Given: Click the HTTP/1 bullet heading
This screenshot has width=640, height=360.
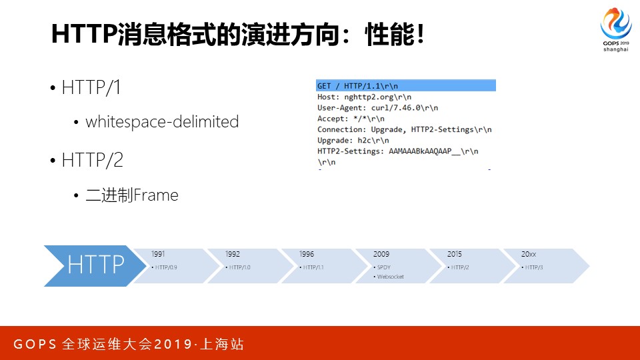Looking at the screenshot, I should [91, 88].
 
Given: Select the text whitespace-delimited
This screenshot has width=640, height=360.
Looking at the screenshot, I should [162, 122].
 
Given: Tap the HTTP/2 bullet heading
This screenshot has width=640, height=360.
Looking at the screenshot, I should [92, 161].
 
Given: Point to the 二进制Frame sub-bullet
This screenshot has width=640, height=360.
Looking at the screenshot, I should [132, 195].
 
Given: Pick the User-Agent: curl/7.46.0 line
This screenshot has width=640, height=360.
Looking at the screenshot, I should [377, 107].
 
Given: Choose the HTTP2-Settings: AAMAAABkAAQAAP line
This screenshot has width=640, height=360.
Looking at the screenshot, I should [397, 151].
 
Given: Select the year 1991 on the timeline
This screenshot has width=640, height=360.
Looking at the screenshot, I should [158, 254].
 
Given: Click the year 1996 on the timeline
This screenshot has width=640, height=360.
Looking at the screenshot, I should [307, 254].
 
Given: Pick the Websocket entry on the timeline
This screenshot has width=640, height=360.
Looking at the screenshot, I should [390, 277].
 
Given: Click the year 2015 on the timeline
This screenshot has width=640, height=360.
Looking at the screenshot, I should [454, 254].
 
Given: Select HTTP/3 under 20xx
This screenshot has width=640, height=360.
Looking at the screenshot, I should [533, 267].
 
